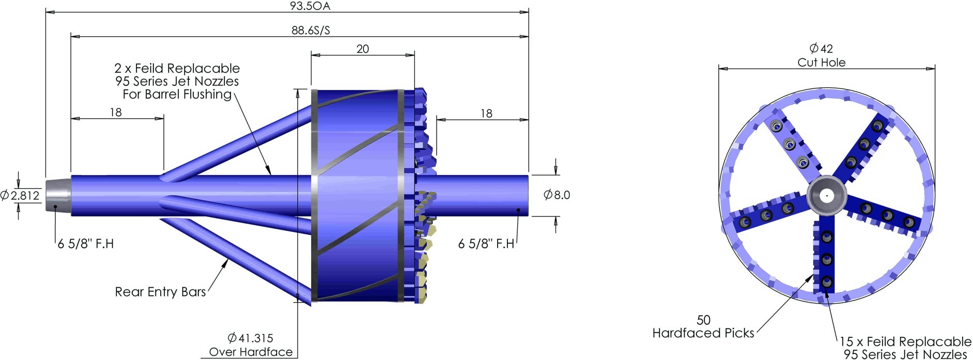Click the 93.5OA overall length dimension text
(x=310, y=6)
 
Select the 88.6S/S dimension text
(x=310, y=30)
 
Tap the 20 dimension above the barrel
(x=363, y=49)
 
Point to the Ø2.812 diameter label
(x=20, y=195)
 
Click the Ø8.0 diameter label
(x=557, y=195)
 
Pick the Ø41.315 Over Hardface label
(x=251, y=345)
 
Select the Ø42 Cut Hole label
(x=821, y=55)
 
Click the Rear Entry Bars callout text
(x=160, y=292)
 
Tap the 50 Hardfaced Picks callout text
(x=703, y=327)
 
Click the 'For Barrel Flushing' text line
(x=177, y=95)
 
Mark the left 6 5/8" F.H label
(x=85, y=244)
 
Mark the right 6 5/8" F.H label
(x=486, y=244)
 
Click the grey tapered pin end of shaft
(x=57, y=195)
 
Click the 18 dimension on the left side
(x=116, y=113)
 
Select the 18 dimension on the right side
(x=486, y=114)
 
